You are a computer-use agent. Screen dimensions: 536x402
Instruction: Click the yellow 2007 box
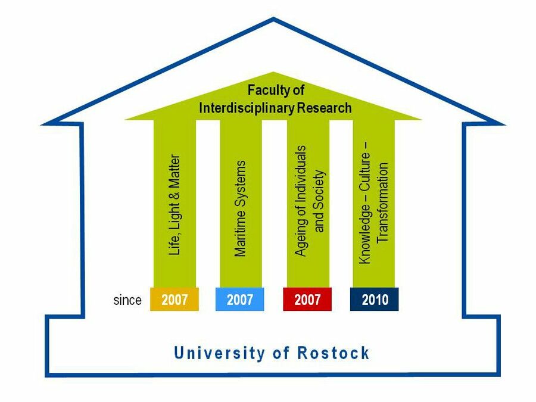click(x=174, y=300)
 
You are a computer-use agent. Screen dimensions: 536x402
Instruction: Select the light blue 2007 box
click(x=239, y=300)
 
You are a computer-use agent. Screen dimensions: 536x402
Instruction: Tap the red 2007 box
click(x=307, y=300)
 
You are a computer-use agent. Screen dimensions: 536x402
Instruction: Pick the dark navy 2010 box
click(x=375, y=300)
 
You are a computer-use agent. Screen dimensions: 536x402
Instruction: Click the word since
click(x=127, y=300)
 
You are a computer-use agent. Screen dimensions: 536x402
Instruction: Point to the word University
click(x=219, y=353)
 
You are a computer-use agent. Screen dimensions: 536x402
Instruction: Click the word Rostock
click(x=334, y=353)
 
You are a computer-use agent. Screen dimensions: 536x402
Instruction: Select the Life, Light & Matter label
click(x=174, y=205)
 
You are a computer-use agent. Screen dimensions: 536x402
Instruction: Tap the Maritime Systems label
click(x=240, y=208)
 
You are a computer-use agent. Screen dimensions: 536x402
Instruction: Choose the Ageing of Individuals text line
click(x=301, y=201)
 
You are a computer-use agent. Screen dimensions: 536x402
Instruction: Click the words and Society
click(x=319, y=201)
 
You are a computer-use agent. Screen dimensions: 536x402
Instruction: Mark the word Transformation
click(x=383, y=202)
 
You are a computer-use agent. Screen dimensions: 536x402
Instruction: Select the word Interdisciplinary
click(x=247, y=108)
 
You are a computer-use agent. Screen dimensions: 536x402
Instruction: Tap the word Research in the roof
click(x=325, y=108)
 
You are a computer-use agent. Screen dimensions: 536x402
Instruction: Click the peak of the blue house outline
click(x=273, y=18)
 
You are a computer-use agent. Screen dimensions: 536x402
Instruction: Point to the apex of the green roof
click(x=273, y=72)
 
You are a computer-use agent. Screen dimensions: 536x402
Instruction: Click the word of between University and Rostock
click(x=281, y=353)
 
